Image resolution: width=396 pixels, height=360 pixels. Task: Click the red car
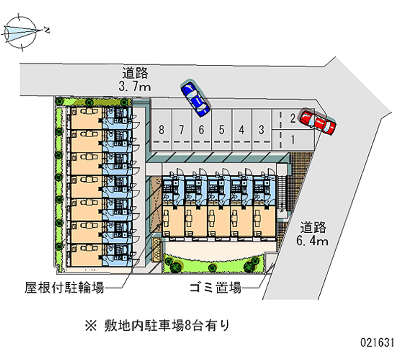[318, 122]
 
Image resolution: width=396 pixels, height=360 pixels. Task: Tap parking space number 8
[161, 130]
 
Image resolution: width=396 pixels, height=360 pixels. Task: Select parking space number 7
[182, 130]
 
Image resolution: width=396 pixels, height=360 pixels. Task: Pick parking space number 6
[201, 130]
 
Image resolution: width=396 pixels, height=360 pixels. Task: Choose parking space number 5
[222, 130]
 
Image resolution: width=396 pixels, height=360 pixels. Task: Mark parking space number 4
[242, 130]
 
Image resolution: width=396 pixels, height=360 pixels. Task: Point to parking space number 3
[261, 130]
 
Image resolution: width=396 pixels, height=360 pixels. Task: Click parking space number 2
[293, 119]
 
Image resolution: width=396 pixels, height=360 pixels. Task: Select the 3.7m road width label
[135, 87]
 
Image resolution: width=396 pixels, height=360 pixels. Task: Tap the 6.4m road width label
[313, 241]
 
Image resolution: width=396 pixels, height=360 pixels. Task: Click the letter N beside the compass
[47, 31]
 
